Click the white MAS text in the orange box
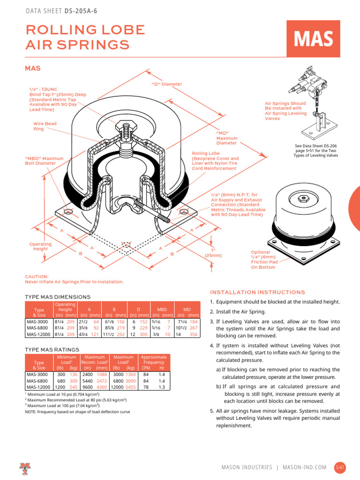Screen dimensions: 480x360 click(x=314, y=39)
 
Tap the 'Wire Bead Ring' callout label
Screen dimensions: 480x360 click(x=44, y=126)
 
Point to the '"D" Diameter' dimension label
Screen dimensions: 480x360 click(x=166, y=84)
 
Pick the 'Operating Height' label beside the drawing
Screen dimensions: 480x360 click(x=40, y=247)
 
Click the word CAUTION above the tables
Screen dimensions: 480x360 click(x=36, y=277)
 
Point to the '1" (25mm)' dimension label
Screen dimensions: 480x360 click(x=213, y=253)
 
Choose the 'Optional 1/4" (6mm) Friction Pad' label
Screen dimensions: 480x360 click(x=264, y=260)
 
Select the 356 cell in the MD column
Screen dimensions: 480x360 click(x=193, y=335)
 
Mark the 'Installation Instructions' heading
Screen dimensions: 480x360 click(x=257, y=292)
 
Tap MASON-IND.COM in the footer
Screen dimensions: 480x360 click(x=305, y=467)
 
